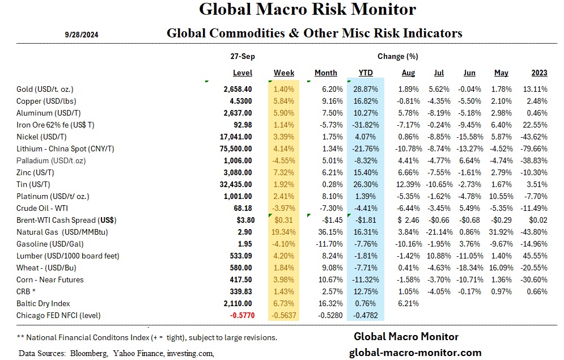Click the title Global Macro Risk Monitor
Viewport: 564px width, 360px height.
pyautogui.click(x=308, y=10)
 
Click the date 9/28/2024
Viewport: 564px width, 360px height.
pyautogui.click(x=82, y=35)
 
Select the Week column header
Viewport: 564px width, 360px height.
pyautogui.click(x=283, y=73)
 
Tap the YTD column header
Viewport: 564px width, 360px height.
pyautogui.click(x=366, y=73)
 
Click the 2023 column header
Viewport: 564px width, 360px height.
pyautogui.click(x=539, y=73)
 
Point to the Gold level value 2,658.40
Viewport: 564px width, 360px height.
pyautogui.click(x=239, y=90)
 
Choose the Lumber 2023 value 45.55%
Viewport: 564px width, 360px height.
pyautogui.click(x=536, y=256)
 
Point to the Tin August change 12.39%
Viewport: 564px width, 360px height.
pyautogui.click(x=406, y=184)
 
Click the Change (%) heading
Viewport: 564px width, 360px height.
pyautogui.click(x=397, y=57)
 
